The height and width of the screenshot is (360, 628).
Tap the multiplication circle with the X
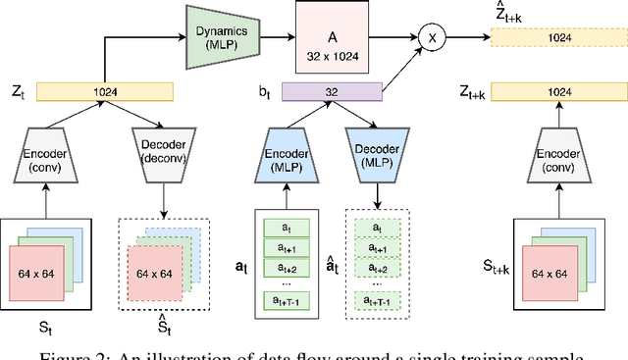[x=429, y=37]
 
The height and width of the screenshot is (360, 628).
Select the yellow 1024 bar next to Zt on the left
[x=104, y=92]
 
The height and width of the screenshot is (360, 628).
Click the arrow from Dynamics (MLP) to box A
[x=270, y=37]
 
